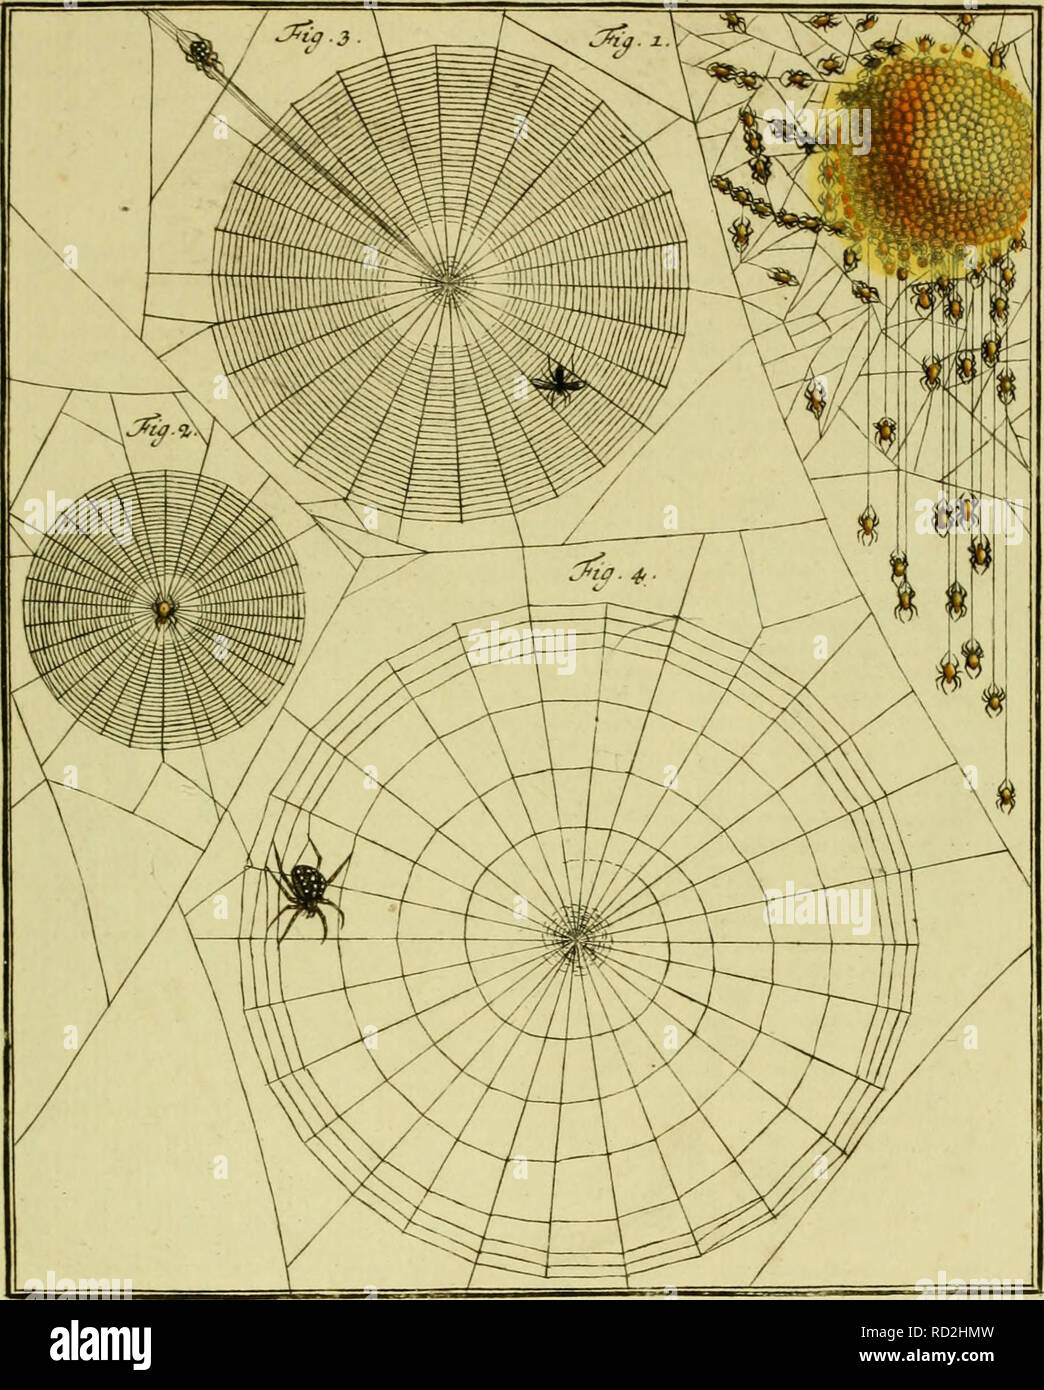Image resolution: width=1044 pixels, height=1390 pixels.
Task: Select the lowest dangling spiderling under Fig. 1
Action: click(1006, 796)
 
